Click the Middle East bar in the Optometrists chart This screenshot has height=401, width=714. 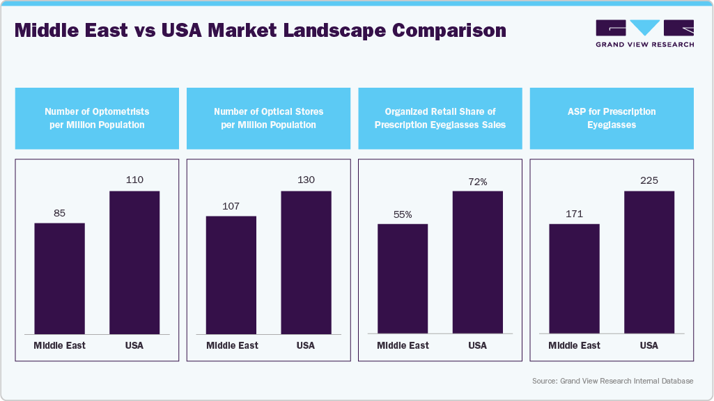(59, 278)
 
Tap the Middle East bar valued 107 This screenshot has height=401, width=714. (231, 274)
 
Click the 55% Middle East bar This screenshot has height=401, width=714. (403, 278)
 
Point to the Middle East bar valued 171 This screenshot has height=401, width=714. (574, 278)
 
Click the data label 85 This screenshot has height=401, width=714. (59, 213)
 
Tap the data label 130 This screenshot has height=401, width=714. (306, 180)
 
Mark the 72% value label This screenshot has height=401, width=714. (477, 182)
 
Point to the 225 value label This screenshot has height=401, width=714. (649, 180)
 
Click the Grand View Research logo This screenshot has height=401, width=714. (644, 33)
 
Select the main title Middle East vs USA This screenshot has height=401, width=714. (260, 31)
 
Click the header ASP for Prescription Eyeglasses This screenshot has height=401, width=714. (612, 118)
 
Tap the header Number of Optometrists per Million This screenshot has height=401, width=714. (97, 118)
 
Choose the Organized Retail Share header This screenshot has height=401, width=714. (440, 118)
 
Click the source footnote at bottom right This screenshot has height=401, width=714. (612, 381)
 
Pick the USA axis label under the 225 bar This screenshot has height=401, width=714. (649, 345)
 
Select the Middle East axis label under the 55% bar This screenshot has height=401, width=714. (403, 345)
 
